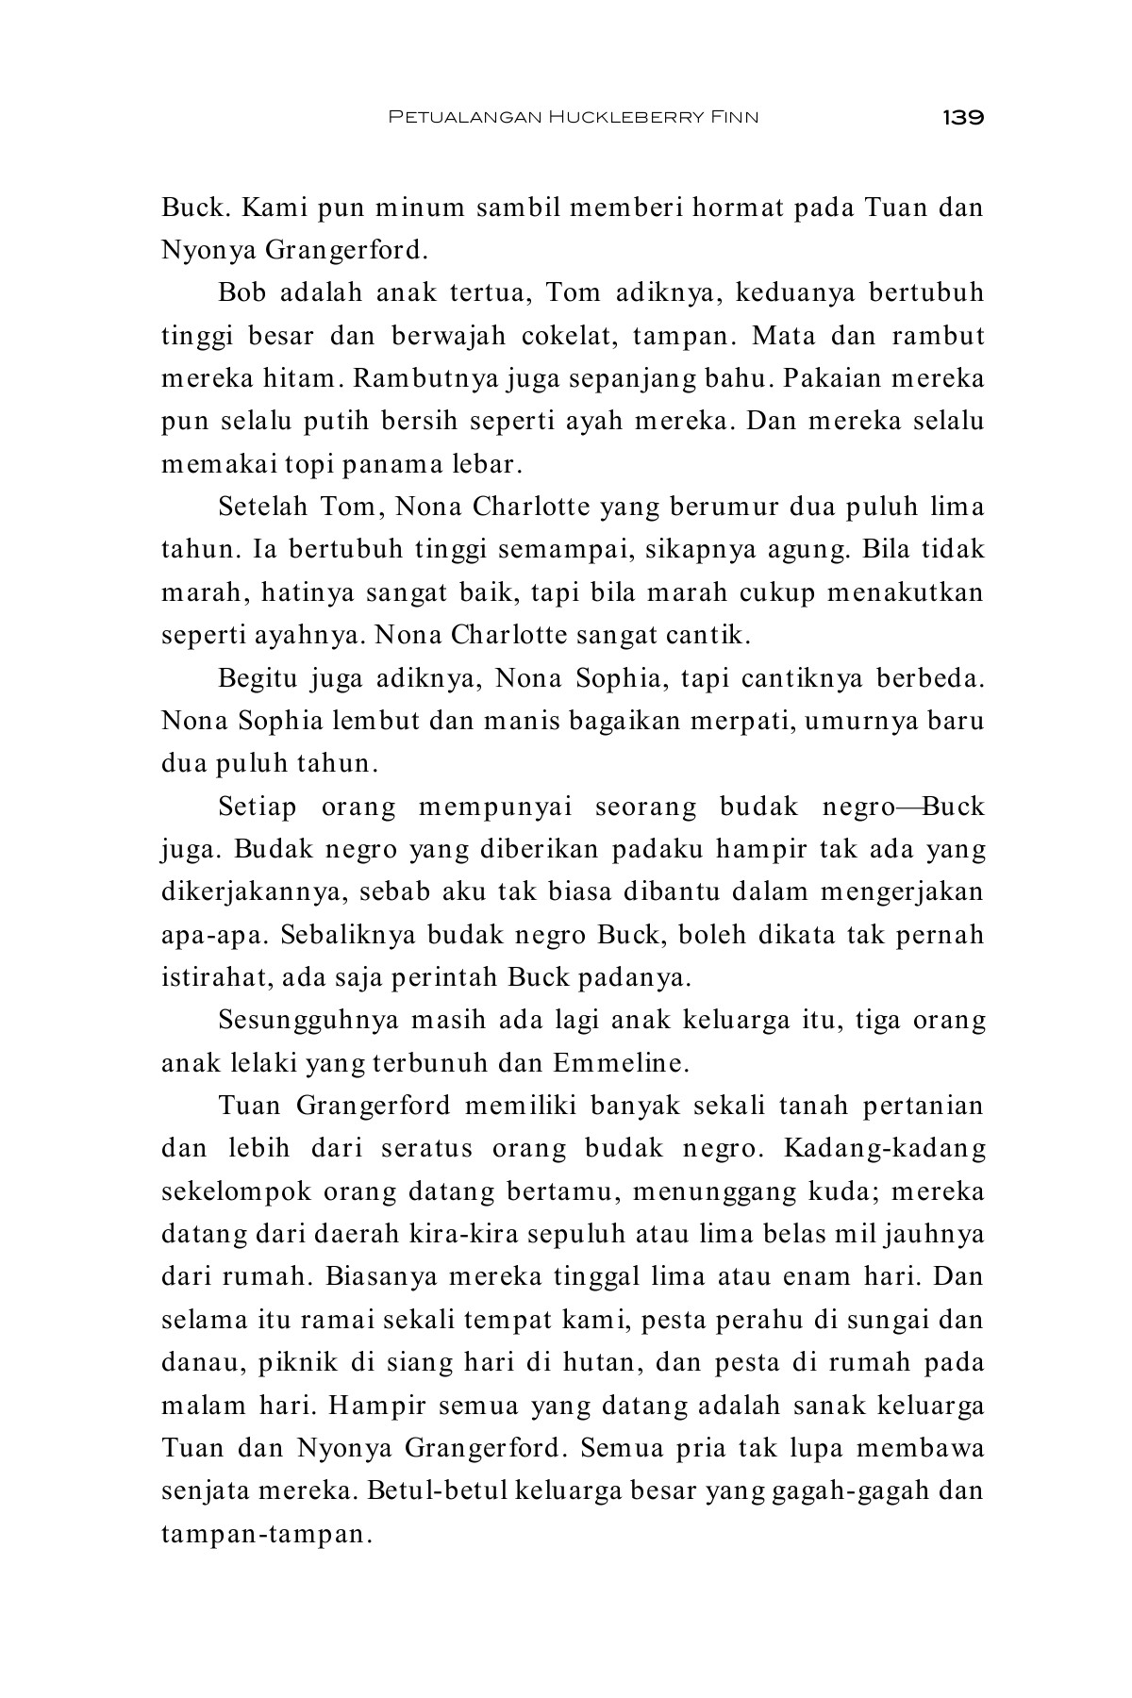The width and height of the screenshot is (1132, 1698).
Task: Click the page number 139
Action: point(962,118)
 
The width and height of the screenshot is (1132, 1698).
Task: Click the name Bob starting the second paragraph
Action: point(241,292)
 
